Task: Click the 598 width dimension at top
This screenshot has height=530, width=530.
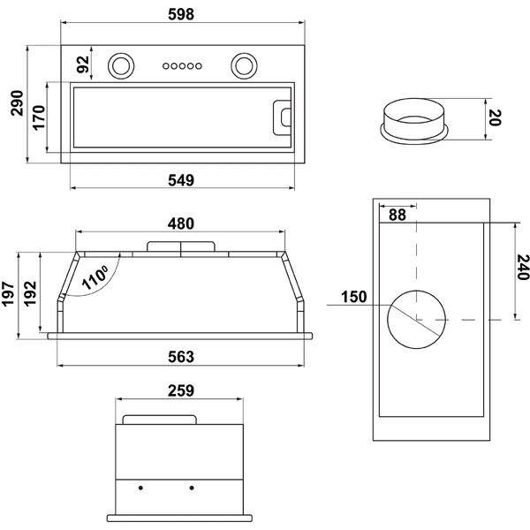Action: [x=180, y=14]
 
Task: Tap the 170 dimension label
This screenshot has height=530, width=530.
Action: [x=39, y=117]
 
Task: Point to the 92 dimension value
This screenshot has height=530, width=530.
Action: [x=82, y=64]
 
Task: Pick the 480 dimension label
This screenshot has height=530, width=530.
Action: [x=180, y=223]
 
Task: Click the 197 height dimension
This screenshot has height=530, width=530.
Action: [x=10, y=294]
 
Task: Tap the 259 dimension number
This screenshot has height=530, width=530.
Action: [x=180, y=390]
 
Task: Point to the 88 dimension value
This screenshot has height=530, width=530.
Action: [x=397, y=214]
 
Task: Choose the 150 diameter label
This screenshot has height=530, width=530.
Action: [x=352, y=297]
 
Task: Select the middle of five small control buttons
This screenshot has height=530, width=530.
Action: [x=181, y=64]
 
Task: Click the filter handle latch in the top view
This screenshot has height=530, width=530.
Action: [x=284, y=115]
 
